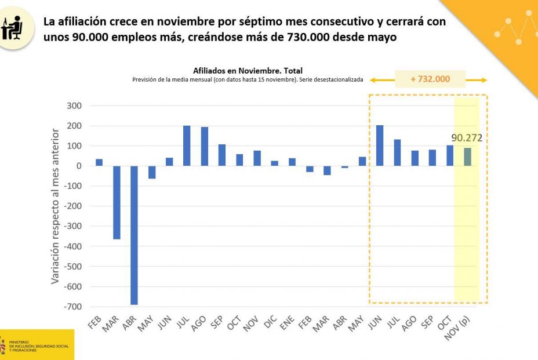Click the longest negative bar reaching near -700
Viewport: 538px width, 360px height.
[x=134, y=235]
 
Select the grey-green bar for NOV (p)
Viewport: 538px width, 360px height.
[x=467, y=157]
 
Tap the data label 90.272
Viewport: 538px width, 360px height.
[x=467, y=139]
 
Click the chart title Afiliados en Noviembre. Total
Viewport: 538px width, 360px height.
[x=248, y=71]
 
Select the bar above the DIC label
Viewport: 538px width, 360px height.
[x=274, y=163]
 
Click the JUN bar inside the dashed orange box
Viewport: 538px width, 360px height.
[x=380, y=146]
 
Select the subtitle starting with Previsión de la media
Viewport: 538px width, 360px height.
[x=248, y=80]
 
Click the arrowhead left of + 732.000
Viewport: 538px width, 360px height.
[x=375, y=80]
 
